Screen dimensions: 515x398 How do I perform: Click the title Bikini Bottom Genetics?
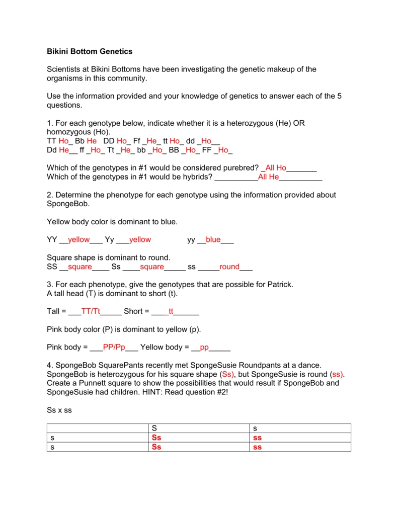pyautogui.click(x=90, y=51)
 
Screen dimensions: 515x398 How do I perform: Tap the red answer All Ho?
pyautogui.click(x=276, y=167)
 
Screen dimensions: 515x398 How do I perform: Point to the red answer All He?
pyautogui.click(x=268, y=177)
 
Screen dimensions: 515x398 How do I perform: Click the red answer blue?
pyautogui.click(x=213, y=240)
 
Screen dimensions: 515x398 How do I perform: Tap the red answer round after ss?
pyautogui.click(x=229, y=267)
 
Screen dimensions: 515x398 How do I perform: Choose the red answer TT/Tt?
pyautogui.click(x=91, y=311)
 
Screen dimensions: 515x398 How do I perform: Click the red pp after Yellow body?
pyautogui.click(x=204, y=347)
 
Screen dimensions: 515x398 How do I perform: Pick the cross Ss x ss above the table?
pyautogui.click(x=59, y=410)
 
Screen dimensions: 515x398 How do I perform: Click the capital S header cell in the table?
pyautogui.click(x=154, y=428)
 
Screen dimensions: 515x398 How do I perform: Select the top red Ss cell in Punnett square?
pyautogui.click(x=156, y=438)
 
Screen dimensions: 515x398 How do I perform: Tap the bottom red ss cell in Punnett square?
pyautogui.click(x=257, y=447)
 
